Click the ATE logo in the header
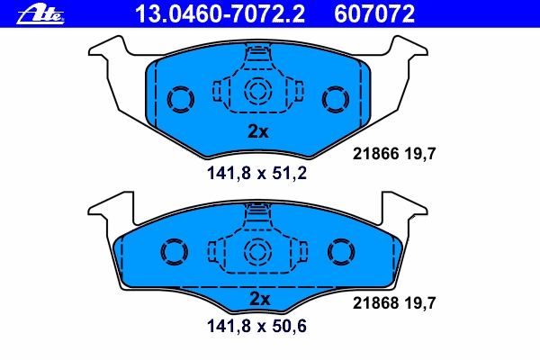(40, 15)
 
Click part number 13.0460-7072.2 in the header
(220, 13)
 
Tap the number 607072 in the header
(374, 13)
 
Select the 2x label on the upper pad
(258, 131)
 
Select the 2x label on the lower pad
(260, 299)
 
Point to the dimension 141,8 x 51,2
(256, 174)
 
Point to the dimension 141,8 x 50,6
(256, 326)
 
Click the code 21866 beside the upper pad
(375, 154)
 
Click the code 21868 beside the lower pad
(375, 303)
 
